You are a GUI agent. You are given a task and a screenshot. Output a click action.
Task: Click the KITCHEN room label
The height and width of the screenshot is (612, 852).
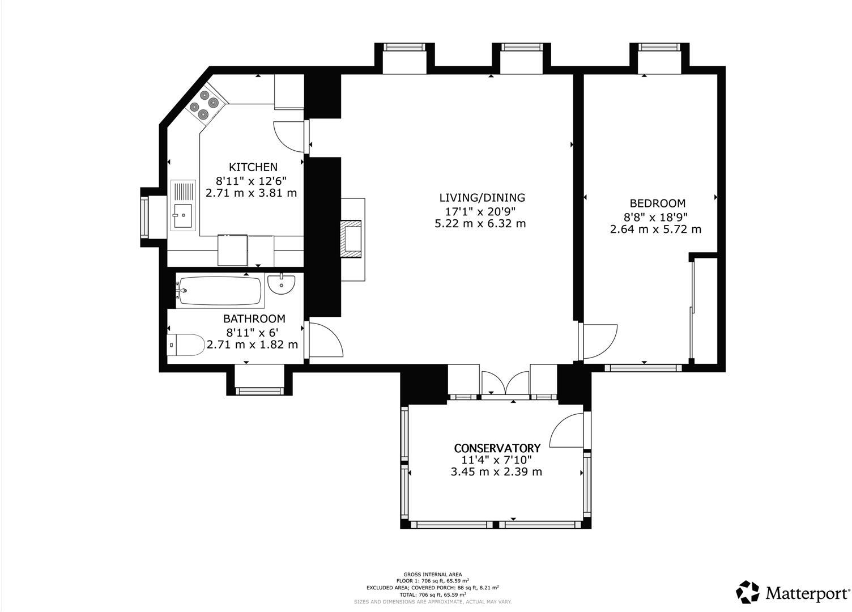point(253,167)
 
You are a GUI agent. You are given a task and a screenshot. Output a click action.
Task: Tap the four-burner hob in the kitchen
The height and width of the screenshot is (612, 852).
point(205,106)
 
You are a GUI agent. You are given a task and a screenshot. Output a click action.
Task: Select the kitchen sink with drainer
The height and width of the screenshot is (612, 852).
point(183,205)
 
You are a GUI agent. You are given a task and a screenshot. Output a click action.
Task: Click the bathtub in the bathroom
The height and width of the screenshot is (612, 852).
point(219,291)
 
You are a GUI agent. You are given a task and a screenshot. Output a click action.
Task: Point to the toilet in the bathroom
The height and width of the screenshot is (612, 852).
point(186,345)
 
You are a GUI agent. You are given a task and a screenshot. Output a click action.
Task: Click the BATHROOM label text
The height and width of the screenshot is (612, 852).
point(254,319)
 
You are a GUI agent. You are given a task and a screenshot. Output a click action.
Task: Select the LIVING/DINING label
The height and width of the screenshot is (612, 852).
point(482,198)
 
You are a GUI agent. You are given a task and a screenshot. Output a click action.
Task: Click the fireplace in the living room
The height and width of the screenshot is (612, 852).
point(351,239)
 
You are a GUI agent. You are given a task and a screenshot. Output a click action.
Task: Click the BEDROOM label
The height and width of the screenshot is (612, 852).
point(657,203)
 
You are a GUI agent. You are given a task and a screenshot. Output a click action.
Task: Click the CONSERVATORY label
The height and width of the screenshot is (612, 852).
point(497,448)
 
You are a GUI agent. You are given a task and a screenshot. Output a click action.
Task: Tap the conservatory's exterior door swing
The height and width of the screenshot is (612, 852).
point(567,431)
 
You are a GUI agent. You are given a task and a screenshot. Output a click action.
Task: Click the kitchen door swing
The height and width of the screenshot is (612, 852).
point(290,137)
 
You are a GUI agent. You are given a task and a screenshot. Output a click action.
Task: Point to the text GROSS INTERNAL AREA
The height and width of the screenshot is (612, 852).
point(432,575)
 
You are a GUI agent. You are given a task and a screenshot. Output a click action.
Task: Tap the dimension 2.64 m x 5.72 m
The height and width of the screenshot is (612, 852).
point(655,229)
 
